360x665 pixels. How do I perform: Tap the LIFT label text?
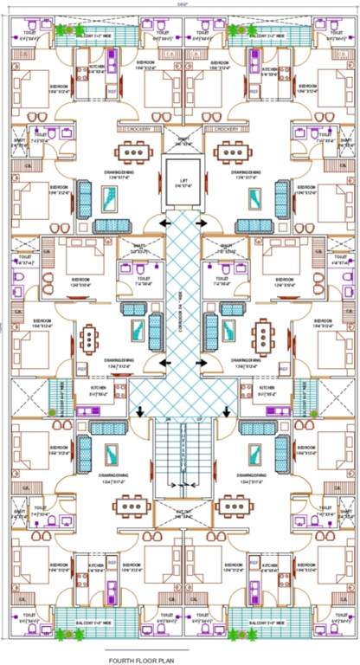pyautogui.click(x=183, y=180)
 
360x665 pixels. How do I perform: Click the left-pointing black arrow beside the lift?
pyautogui.click(x=163, y=223)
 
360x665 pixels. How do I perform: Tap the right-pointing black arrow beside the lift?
pyautogui.click(x=202, y=223)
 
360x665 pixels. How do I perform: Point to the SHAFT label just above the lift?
pyautogui.click(x=183, y=142)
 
